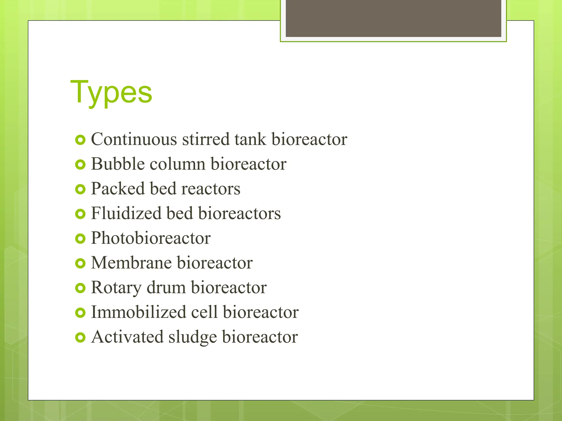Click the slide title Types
[111, 93]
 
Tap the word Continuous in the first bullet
[134, 139]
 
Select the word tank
[250, 139]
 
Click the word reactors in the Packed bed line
[211, 189]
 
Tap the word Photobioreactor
[151, 238]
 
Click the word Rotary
[116, 288]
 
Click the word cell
[204, 312]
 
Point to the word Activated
[127, 337]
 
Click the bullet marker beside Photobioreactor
[80, 239]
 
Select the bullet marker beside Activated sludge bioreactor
[80, 337]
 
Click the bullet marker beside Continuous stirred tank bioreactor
[80, 140]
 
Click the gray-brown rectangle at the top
[393, 18]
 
